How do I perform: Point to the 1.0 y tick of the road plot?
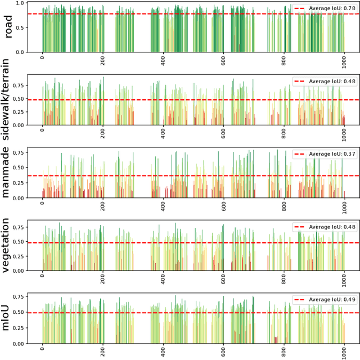(20, 3)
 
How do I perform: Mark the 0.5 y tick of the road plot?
(20, 28)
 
